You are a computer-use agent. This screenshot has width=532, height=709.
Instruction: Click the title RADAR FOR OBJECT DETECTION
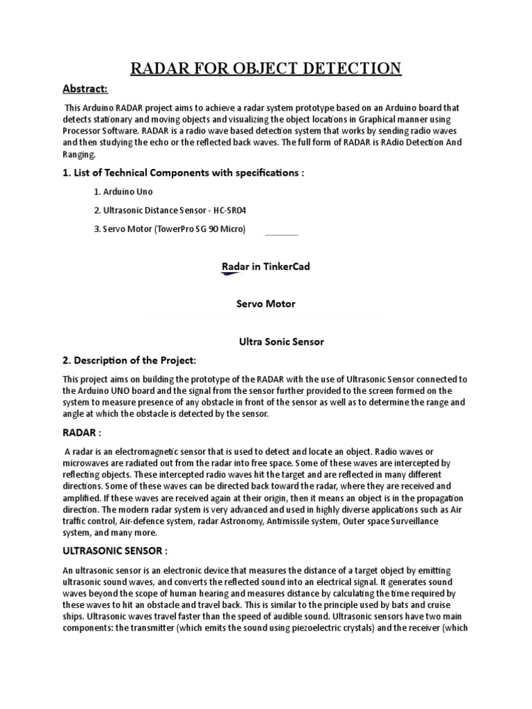[x=266, y=68]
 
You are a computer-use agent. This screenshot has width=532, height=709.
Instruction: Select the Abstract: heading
[x=85, y=89]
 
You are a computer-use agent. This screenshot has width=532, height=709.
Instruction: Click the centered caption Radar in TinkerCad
[x=266, y=267]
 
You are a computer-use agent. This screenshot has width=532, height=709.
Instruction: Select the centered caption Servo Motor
[x=266, y=304]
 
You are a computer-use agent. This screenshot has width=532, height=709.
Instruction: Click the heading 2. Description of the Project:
[x=130, y=360]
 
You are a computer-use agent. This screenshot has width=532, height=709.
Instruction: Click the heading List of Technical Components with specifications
[x=183, y=172]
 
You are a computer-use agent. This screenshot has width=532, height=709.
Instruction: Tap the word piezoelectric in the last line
[x=308, y=628]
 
